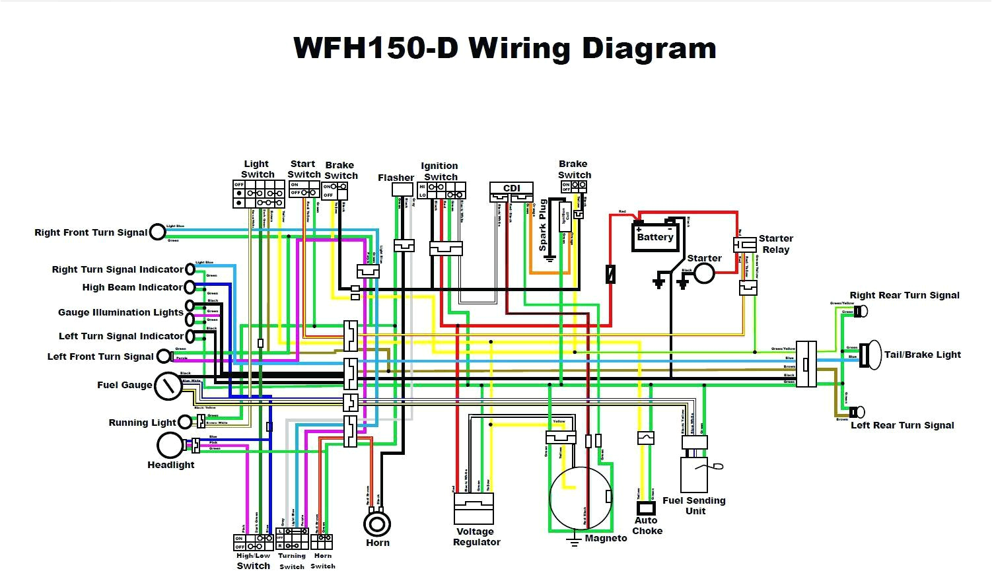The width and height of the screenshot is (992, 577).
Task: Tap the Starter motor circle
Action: coord(704,273)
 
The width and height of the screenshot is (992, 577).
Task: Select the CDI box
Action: coord(511,189)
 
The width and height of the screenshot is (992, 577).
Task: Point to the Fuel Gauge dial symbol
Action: coord(168,386)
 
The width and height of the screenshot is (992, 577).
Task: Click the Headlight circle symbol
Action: coord(170,446)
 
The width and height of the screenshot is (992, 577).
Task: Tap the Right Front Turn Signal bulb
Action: coord(157,232)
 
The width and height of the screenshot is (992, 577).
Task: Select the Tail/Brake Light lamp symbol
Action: coord(873,354)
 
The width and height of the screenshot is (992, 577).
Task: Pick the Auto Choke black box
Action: coord(646,508)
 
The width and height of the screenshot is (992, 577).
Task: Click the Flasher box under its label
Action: coord(402,189)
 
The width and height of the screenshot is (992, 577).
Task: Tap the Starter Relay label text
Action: coord(775,244)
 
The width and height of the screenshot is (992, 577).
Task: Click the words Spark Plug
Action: coord(543,225)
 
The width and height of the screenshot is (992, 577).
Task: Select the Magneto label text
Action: coord(606,538)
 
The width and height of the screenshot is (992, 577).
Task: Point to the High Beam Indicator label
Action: coord(132,287)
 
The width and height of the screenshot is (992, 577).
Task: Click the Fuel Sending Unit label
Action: coord(694,506)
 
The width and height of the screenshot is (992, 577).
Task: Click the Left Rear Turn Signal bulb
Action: coord(859,412)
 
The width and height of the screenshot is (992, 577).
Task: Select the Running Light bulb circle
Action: coord(186,423)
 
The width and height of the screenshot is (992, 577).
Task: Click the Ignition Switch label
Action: coord(440,172)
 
